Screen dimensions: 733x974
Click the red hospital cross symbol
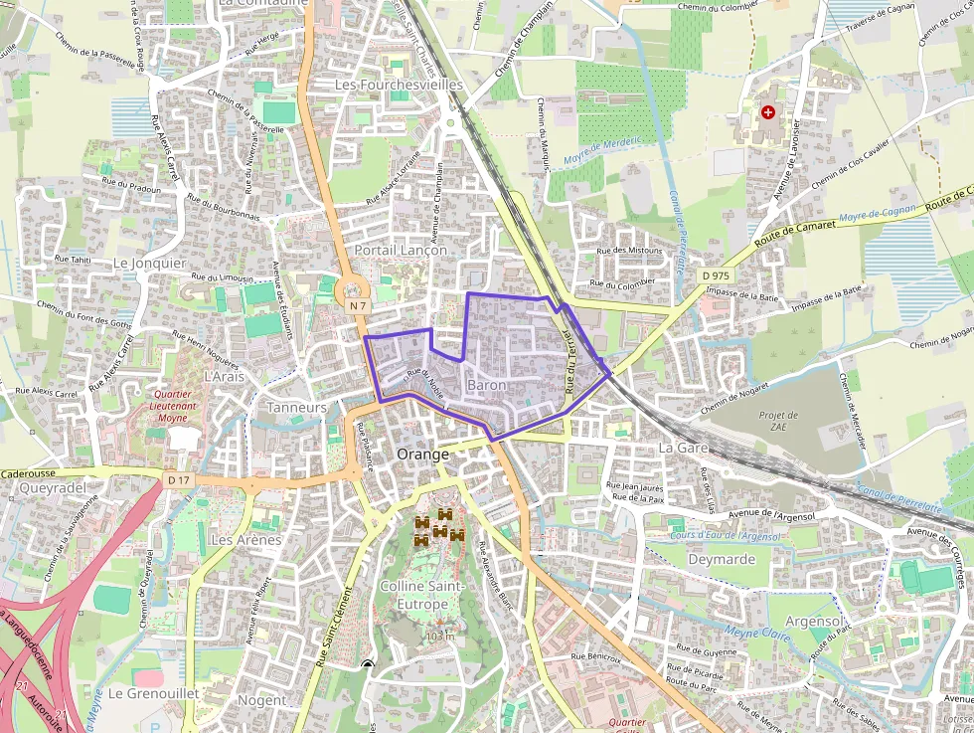click(x=767, y=112)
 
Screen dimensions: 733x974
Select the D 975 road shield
click(x=715, y=275)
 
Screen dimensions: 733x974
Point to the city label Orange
click(x=422, y=454)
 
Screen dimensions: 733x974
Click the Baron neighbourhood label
click(x=486, y=385)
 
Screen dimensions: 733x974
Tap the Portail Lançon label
click(x=401, y=251)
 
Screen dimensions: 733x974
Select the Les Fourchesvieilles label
click(x=399, y=86)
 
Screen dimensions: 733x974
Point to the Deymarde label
click(x=721, y=559)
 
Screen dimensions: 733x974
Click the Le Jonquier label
click(x=150, y=263)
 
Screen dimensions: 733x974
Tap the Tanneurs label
click(x=297, y=408)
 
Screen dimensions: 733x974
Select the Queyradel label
click(x=53, y=487)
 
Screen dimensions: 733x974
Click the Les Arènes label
click(x=246, y=540)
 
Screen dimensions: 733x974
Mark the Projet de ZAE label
click(x=778, y=422)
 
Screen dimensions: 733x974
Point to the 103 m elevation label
click(x=438, y=636)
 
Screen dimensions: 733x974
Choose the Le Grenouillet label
click(x=153, y=692)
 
